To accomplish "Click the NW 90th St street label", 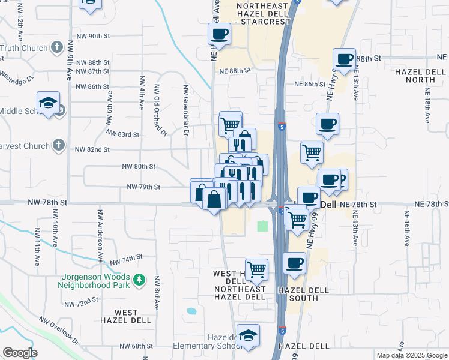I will coord(91,36).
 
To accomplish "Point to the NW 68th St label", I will coord(137,346).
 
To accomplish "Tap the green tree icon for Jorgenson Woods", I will coord(139,280).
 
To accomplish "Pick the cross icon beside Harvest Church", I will coord(58,145).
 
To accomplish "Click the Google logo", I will coord(20,353).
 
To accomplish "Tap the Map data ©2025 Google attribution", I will coord(411,355).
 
